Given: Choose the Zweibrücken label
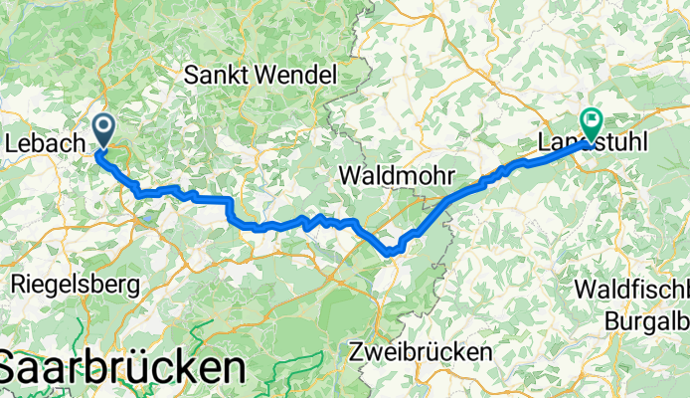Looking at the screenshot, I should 422,352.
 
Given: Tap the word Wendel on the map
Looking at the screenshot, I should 295,74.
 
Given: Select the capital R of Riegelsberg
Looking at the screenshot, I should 17,284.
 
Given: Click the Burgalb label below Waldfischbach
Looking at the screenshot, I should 647,320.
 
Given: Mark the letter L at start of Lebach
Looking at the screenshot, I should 11,144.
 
